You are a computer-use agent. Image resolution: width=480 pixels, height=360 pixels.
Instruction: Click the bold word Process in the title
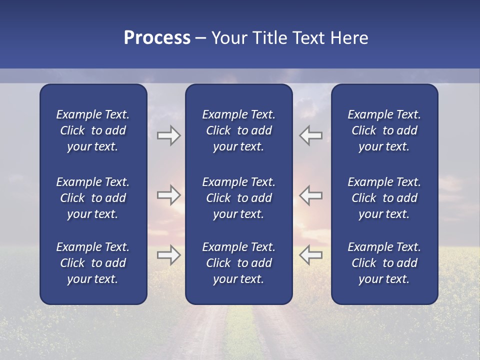click(157, 38)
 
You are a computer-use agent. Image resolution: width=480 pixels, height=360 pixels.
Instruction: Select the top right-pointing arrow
click(168, 135)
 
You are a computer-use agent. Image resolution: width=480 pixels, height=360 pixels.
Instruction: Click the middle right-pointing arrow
click(168, 195)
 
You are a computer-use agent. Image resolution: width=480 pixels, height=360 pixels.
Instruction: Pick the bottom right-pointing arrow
click(168, 255)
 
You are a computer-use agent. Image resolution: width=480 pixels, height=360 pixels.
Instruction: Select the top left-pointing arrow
click(310, 135)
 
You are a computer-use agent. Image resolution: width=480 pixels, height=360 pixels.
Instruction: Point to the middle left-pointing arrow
click(310, 195)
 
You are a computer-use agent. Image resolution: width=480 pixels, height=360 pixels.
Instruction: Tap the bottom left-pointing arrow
click(310, 255)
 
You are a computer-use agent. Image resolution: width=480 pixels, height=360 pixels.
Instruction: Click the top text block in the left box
click(93, 130)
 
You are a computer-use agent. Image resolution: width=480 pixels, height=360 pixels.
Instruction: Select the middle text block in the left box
click(93, 198)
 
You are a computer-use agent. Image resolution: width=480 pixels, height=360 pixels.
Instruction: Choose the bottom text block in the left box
click(93, 263)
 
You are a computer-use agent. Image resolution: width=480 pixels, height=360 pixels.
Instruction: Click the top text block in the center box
click(238, 130)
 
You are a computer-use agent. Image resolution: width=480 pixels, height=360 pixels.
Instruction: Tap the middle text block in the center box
click(238, 198)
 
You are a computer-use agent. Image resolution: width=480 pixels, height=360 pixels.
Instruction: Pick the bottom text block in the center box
click(238, 263)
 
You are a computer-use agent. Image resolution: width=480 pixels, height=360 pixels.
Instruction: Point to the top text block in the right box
click(384, 130)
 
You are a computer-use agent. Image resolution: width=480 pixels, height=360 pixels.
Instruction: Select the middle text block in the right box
click(384, 198)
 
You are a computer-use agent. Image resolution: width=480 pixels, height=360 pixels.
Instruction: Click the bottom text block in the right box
click(384, 263)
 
